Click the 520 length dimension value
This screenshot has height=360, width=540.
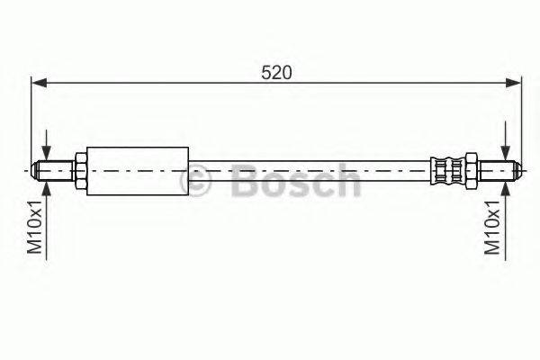tap(275, 73)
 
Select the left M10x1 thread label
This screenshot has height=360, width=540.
tap(33, 229)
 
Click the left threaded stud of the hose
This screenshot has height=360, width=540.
tap(56, 170)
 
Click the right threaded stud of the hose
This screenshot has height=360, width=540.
tap(497, 170)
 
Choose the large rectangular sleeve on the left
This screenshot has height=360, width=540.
tap(138, 169)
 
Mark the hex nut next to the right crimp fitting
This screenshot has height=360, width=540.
tap(470, 170)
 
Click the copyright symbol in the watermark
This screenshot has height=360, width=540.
tap(196, 182)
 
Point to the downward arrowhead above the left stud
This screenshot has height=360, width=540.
tap(47, 153)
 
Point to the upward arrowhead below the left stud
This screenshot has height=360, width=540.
tap(47, 187)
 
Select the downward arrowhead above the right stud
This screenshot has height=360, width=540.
tap(507, 153)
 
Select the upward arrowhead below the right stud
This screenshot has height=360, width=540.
tap(507, 187)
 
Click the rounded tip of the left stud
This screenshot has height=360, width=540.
tap(36, 170)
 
